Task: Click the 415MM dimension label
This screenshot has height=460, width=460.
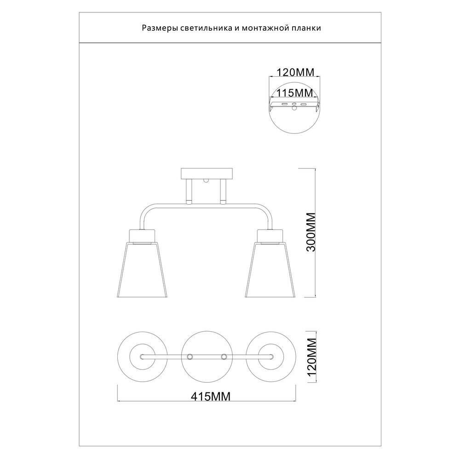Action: (211, 397)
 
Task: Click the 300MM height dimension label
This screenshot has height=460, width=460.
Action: (310, 232)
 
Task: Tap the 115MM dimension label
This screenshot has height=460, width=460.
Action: (293, 93)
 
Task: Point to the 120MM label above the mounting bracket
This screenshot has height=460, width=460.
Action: (295, 72)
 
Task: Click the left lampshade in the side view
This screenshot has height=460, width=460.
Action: (143, 270)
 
